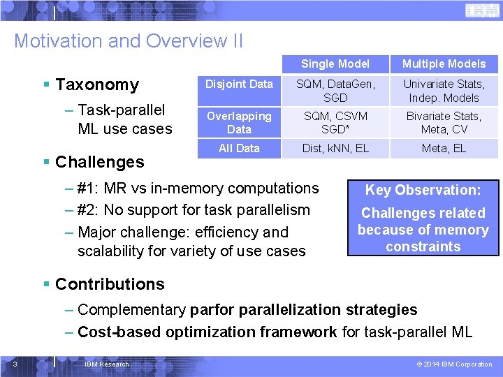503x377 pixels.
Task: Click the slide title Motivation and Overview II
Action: click(129, 41)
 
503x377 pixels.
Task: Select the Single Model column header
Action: click(335, 64)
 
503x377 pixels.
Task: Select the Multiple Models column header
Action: click(444, 64)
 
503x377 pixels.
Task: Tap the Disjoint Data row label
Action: click(239, 84)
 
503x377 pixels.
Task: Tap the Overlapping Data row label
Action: click(239, 123)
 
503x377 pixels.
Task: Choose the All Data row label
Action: click(239, 148)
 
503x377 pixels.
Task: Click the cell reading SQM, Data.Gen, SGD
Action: click(335, 91)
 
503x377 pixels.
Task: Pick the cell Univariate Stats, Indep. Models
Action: click(444, 91)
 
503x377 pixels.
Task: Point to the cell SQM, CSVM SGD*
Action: click(335, 123)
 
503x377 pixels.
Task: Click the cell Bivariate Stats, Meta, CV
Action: click(444, 123)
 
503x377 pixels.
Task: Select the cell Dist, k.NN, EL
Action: click(335, 148)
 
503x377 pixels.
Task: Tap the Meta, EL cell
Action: click(444, 148)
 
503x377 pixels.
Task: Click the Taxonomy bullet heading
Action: click(96, 85)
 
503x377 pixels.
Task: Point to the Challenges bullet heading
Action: click(99, 162)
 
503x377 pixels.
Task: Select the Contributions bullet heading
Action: click(110, 284)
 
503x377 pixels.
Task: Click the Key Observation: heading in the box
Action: click(423, 190)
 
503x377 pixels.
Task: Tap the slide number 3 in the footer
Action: click(15, 364)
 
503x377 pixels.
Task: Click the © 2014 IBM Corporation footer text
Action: click(454, 364)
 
